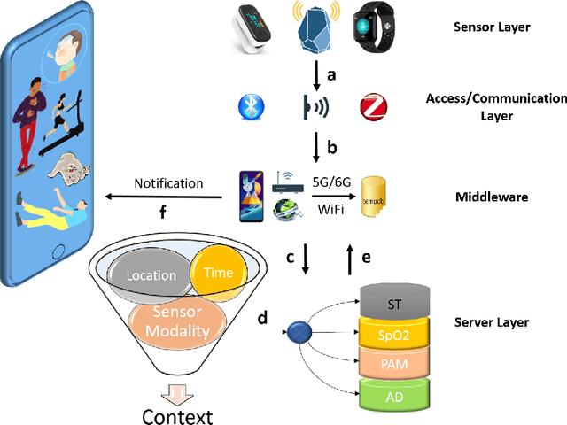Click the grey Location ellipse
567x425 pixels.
point(151,275)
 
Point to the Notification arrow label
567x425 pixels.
point(168,183)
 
